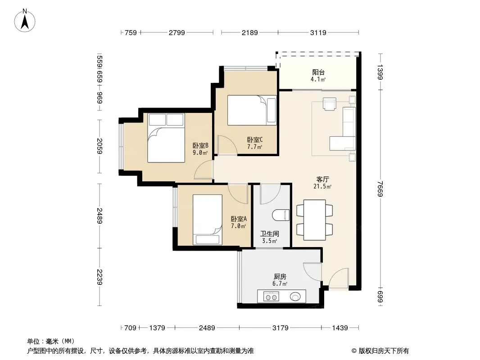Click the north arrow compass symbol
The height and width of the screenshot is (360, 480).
[x=25, y=21]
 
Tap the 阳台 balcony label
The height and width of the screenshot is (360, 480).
[x=318, y=72]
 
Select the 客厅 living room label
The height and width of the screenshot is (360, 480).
[x=323, y=179]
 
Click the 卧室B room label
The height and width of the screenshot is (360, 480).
[x=200, y=146]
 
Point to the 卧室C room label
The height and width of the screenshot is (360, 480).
[x=255, y=140]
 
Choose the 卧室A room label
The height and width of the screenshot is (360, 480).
[x=239, y=219]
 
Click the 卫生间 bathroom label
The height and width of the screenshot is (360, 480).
[x=270, y=234]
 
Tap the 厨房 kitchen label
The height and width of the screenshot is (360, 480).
[x=280, y=276]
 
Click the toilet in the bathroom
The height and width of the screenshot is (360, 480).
[x=281, y=215]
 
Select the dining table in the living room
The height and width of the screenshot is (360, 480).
[x=315, y=220]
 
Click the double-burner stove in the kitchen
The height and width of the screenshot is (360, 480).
[x=271, y=297]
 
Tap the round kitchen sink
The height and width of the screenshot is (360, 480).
[x=295, y=297]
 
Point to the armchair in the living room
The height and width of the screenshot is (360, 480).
[x=330, y=103]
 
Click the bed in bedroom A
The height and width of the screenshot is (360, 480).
[x=208, y=220]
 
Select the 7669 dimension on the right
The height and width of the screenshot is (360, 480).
[x=380, y=189]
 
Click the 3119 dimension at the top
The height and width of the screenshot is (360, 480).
[x=318, y=32]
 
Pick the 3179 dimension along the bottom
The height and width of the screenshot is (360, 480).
[x=281, y=328]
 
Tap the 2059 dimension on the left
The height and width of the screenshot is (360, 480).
[x=100, y=146]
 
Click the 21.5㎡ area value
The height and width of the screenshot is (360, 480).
[x=323, y=186]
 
